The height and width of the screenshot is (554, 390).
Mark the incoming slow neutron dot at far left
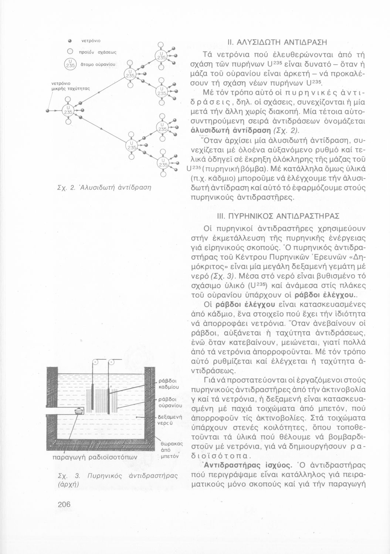point(48,110)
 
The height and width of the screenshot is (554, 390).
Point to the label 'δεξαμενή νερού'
point(169,419)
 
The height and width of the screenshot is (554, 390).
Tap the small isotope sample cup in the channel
point(78,411)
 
